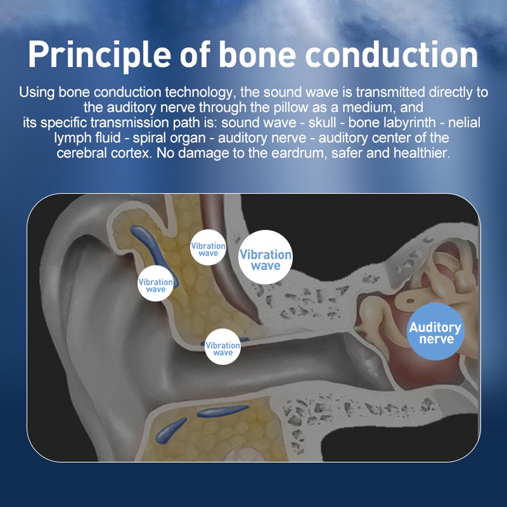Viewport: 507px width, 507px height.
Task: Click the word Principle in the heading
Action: click(x=99, y=55)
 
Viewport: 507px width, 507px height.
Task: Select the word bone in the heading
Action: click(x=258, y=54)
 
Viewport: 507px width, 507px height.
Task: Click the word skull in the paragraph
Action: click(x=321, y=123)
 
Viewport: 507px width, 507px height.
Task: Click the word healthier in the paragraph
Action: click(x=421, y=153)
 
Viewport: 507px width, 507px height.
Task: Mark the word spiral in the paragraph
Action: click(x=150, y=138)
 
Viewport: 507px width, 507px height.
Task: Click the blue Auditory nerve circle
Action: click(x=435, y=332)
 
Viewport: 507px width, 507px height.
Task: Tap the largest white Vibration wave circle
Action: click(x=266, y=258)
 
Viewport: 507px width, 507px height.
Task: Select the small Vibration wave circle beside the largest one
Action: click(x=208, y=248)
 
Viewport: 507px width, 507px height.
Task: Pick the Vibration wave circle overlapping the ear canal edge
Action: click(x=223, y=347)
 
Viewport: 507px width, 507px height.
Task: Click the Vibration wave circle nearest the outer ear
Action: click(x=156, y=283)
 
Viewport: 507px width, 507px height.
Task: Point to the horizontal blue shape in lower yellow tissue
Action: click(x=223, y=411)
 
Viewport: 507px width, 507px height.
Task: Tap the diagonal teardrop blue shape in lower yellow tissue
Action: click(x=171, y=430)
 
